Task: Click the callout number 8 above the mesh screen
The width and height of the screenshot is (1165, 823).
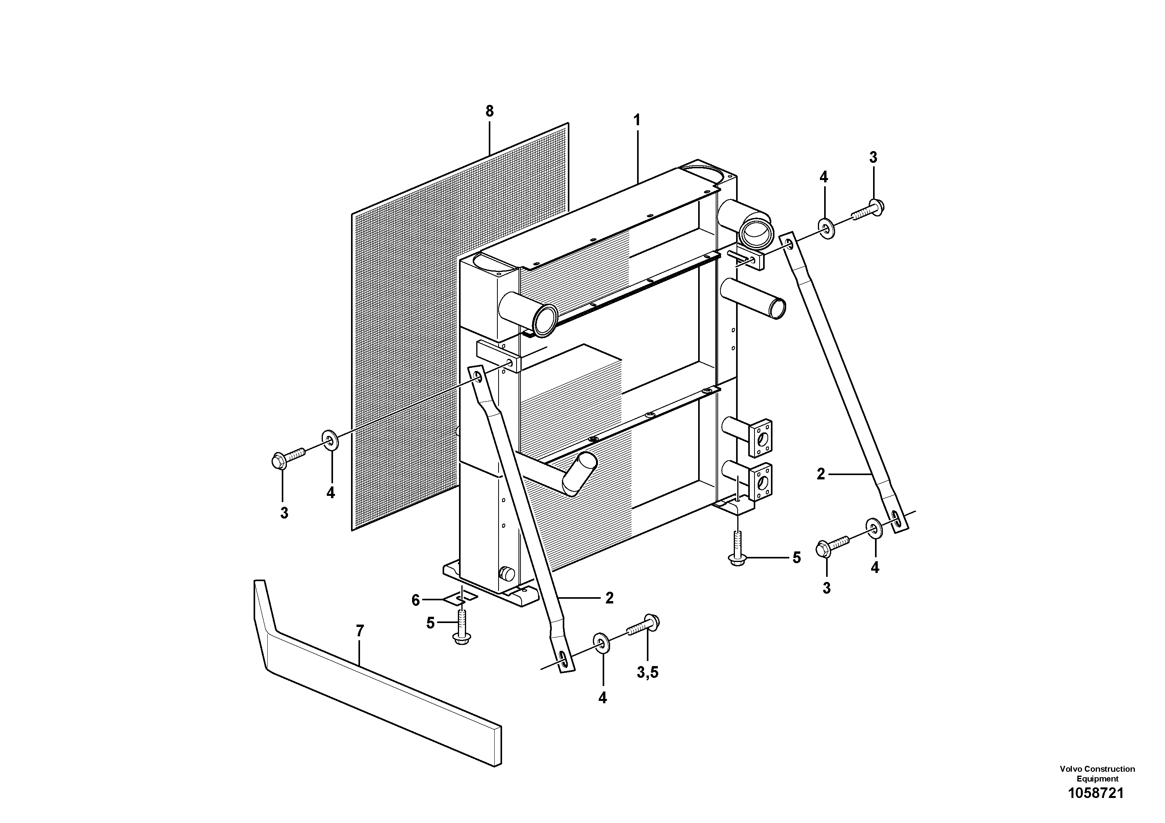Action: [489, 111]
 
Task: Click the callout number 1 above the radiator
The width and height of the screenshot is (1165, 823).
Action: [637, 121]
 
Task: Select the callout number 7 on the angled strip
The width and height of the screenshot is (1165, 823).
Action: [360, 631]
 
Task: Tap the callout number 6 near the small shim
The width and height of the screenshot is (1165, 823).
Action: [416, 601]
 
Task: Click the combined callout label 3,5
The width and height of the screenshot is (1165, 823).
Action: [647, 673]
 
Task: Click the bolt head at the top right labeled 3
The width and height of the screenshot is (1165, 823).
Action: [876, 207]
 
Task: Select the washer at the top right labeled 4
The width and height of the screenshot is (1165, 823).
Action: [826, 229]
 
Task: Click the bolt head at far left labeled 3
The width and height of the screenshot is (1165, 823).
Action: [277, 461]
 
